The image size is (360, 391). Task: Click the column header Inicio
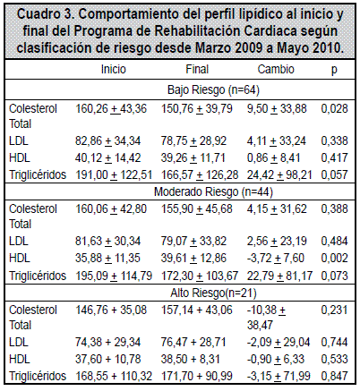point(114,69)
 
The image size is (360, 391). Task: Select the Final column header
point(197,69)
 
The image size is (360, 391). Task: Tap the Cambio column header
point(276,69)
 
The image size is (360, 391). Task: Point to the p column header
point(334,71)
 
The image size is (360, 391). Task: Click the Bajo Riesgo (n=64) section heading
point(213,89)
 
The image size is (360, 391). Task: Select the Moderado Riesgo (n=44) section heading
point(213,191)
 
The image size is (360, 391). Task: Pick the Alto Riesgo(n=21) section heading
point(213,293)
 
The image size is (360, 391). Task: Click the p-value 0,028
point(334,108)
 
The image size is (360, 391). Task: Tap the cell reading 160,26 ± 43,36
point(111,108)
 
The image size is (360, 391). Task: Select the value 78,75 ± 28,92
point(193,140)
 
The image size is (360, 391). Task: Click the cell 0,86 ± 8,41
point(273,157)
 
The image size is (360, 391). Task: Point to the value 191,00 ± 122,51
point(114,174)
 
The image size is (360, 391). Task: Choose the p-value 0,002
point(334,258)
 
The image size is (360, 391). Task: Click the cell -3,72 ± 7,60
point(275,258)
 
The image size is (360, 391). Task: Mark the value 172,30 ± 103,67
point(200,276)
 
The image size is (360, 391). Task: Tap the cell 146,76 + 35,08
point(111,310)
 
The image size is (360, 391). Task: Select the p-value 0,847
point(334,376)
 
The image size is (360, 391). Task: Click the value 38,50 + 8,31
point(190,359)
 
